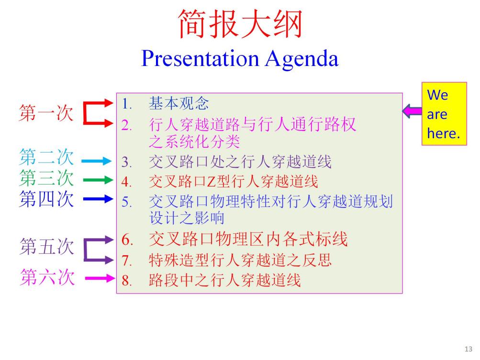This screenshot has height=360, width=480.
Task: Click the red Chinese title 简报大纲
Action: click(240, 24)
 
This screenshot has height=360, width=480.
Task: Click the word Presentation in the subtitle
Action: click(200, 58)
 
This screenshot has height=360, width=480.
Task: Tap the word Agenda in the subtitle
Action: click(302, 59)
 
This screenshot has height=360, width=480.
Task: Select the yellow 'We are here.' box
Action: click(444, 114)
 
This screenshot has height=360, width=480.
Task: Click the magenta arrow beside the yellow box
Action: click(412, 110)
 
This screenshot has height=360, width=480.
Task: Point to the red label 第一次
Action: click(46, 113)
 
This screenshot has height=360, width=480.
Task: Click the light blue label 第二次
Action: click(46, 157)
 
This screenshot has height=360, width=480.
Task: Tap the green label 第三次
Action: click(46, 178)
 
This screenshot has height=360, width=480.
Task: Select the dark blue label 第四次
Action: click(46, 199)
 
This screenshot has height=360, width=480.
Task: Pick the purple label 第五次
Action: click(47, 247)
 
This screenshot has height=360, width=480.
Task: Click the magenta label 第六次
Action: click(47, 277)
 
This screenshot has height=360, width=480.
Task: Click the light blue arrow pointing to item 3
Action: click(96, 161)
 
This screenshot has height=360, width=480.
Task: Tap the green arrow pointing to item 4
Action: click(98, 180)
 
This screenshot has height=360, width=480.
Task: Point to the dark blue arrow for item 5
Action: click(98, 199)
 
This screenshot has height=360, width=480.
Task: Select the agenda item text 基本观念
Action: click(179, 103)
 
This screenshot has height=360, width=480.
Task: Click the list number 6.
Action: click(127, 240)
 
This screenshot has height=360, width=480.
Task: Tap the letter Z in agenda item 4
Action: click(212, 182)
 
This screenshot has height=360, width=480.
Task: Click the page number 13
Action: click(469, 349)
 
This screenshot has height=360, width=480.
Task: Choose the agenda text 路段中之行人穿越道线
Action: click(225, 280)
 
